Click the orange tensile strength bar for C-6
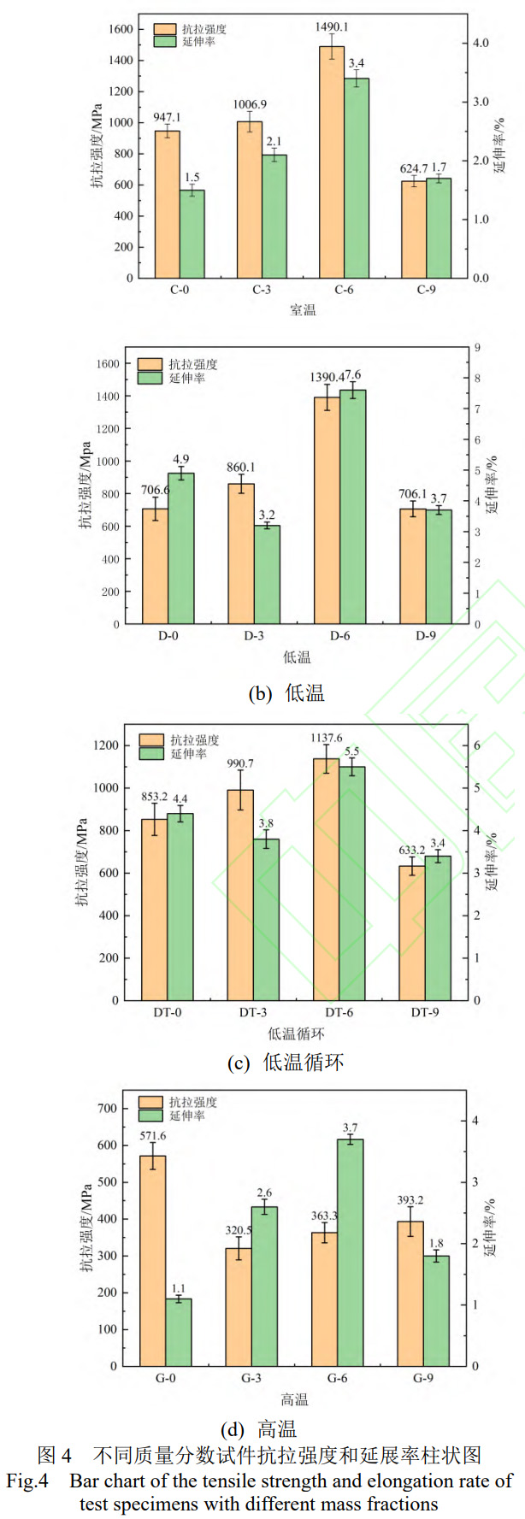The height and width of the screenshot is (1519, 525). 331,162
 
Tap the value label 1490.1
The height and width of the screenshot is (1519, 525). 331,26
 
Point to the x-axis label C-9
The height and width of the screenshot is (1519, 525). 426,290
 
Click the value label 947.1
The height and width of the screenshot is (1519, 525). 167,117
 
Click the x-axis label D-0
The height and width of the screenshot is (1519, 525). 168,636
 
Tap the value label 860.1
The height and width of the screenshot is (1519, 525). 240,468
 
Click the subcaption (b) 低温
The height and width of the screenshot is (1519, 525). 286,693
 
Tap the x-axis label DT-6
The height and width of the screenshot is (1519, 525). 339,1013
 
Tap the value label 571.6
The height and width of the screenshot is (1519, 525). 152,1136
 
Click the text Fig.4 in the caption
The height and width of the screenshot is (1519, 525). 27,1481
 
